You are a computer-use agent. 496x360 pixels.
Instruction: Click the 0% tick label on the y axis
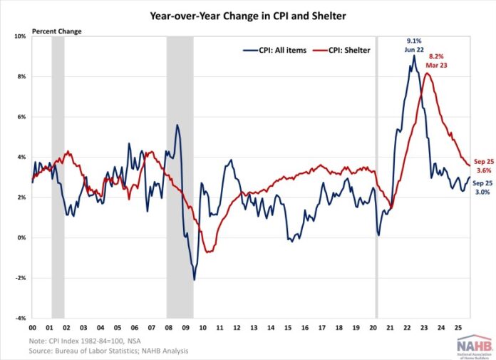(x=19, y=237)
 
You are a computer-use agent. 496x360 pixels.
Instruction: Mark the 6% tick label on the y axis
(x=19, y=117)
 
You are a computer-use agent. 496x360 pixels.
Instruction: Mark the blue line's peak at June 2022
(x=414, y=56)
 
